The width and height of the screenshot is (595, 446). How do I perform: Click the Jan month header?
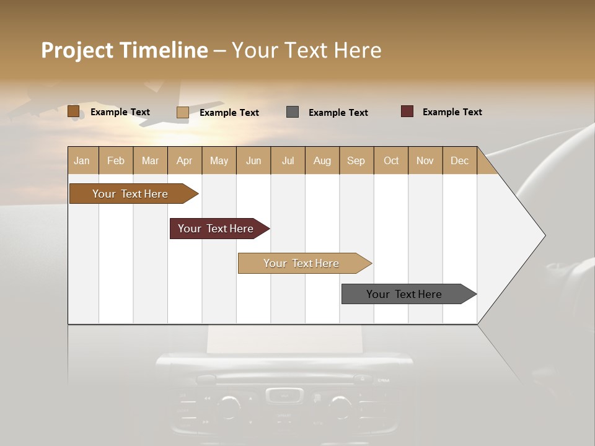click(x=82, y=160)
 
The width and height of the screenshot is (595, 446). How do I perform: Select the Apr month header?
click(x=184, y=160)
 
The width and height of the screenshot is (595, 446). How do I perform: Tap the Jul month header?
click(x=288, y=160)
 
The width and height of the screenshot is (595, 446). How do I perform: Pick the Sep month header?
click(x=356, y=160)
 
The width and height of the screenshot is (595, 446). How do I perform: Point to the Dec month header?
click(x=459, y=160)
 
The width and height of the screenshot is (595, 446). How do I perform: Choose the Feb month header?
click(x=116, y=160)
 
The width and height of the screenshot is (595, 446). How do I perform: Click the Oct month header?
click(x=391, y=160)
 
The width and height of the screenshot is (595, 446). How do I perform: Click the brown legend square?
click(x=73, y=111)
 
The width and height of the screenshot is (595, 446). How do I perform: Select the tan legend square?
click(x=183, y=112)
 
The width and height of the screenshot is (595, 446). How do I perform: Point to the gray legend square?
click(x=293, y=111)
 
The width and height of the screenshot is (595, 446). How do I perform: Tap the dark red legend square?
click(x=407, y=111)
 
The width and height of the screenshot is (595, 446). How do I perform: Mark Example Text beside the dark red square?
click(x=452, y=111)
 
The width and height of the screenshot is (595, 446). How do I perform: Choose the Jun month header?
click(x=253, y=160)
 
